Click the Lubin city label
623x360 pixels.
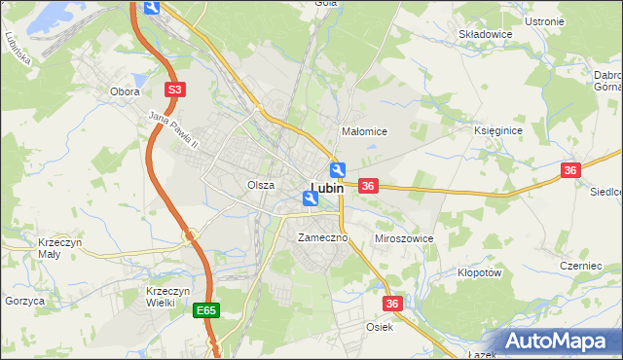tap(327, 188)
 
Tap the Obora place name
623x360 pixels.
tap(125, 91)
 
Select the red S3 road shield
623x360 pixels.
tap(173, 90)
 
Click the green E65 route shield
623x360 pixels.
tap(204, 311)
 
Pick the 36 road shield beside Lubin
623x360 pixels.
tap(368, 186)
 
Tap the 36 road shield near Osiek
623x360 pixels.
tap(392, 305)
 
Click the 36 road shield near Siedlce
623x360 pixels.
tap(570, 170)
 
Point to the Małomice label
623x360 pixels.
tap(365, 131)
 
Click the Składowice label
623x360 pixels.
tap(486, 34)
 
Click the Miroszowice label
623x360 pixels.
tap(404, 238)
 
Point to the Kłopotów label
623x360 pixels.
tap(479, 273)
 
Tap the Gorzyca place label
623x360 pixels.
tap(24, 302)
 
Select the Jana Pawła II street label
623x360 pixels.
tap(173, 130)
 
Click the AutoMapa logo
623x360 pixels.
tap(557, 342)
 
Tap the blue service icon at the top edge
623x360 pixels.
tap(151, 8)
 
